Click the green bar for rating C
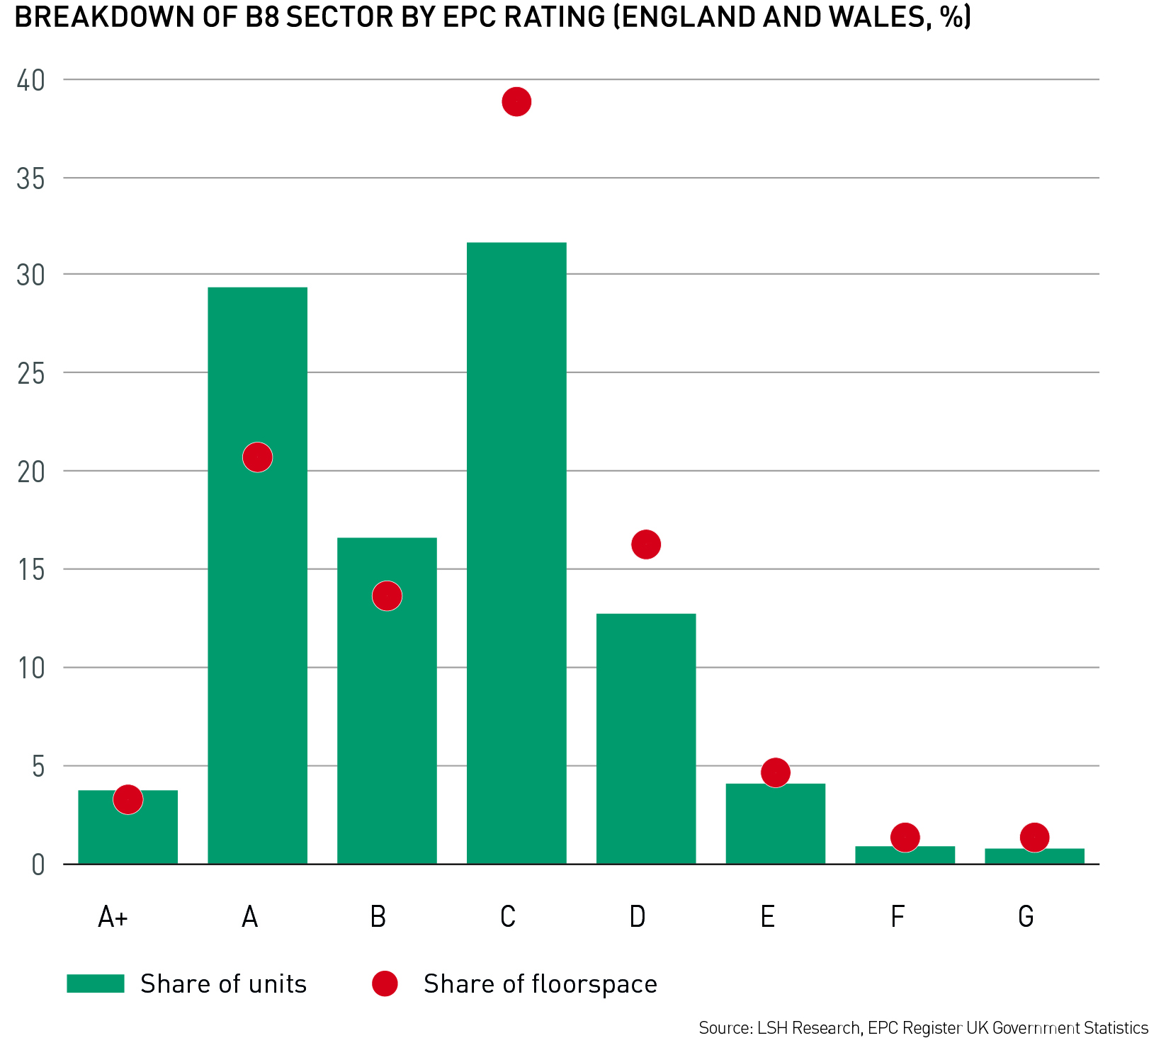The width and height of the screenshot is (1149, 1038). pyautogui.click(x=516, y=552)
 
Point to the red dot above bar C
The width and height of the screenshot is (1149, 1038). pyautogui.click(x=516, y=102)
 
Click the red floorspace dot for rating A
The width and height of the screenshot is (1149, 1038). pyautogui.click(x=257, y=457)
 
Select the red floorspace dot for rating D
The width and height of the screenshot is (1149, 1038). pyautogui.click(x=646, y=544)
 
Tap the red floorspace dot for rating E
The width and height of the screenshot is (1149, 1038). pyautogui.click(x=776, y=772)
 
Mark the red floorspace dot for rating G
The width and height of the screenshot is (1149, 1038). pyautogui.click(x=1034, y=838)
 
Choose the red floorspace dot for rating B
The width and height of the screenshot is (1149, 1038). pyautogui.click(x=387, y=595)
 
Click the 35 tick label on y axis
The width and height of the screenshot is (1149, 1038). pyautogui.click(x=30, y=179)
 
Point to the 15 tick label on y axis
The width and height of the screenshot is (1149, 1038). pyautogui.click(x=30, y=570)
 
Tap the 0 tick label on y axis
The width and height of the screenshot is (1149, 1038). pyautogui.click(x=38, y=865)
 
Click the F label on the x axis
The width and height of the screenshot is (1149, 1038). pyautogui.click(x=897, y=917)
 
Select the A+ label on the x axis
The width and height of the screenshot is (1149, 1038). pyautogui.click(x=113, y=917)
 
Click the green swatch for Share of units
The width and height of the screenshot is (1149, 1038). pyautogui.click(x=96, y=983)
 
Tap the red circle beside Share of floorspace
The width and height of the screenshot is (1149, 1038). pyautogui.click(x=385, y=983)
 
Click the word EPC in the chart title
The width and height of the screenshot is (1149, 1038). pyautogui.click(x=466, y=17)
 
